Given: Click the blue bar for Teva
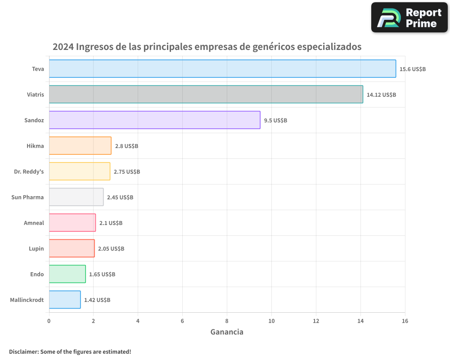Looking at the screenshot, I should (x=222, y=69).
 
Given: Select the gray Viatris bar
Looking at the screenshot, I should (x=206, y=94).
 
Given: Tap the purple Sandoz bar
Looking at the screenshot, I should (x=154, y=120).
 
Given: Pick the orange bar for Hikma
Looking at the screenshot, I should (x=80, y=146).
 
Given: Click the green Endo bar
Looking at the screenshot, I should (x=67, y=274).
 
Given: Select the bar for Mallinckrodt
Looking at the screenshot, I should (x=64, y=300).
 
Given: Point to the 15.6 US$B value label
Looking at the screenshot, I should (x=413, y=69).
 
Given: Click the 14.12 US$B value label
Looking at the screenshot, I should (x=381, y=95).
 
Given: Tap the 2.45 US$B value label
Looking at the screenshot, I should (x=120, y=198).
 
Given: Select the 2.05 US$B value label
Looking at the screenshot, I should (x=111, y=249).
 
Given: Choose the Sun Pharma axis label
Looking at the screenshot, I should (x=27, y=197).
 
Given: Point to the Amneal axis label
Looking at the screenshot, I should (x=34, y=223).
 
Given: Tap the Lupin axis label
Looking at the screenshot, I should (x=36, y=248).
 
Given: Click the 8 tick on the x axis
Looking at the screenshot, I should (x=227, y=321).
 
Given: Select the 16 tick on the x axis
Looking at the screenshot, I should (x=405, y=321).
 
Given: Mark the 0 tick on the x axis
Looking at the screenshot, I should (x=49, y=321).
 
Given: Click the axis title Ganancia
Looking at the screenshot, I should (x=227, y=332).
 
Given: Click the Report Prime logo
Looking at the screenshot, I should (x=409, y=18).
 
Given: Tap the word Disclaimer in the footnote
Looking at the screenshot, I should (x=23, y=351).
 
